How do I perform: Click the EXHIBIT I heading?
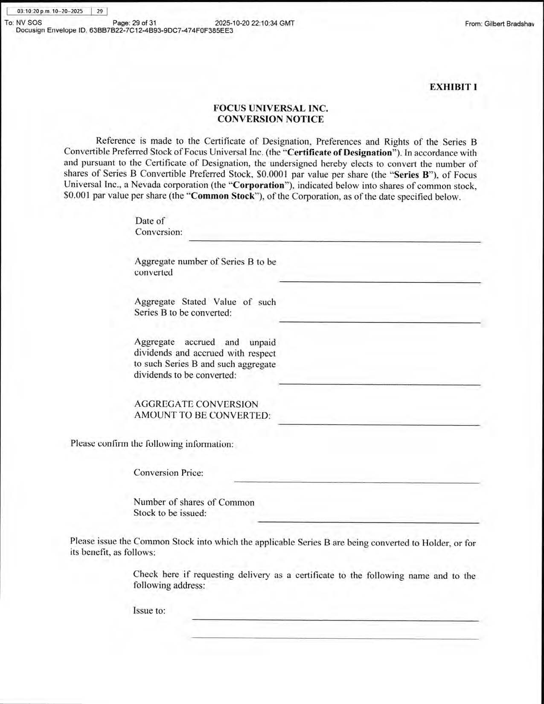[453, 87]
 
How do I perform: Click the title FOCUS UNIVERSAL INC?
[271, 108]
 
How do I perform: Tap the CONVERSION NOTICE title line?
[271, 119]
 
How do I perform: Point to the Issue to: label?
[149, 611]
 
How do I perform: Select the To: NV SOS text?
[23, 23]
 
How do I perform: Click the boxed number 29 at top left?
[99, 12]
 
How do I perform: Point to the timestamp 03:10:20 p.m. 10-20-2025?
[50, 12]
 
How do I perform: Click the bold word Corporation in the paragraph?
[258, 186]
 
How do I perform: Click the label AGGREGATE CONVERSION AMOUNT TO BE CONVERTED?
[202, 410]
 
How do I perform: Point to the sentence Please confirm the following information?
[152, 444]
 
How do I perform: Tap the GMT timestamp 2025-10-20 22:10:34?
[255, 23]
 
